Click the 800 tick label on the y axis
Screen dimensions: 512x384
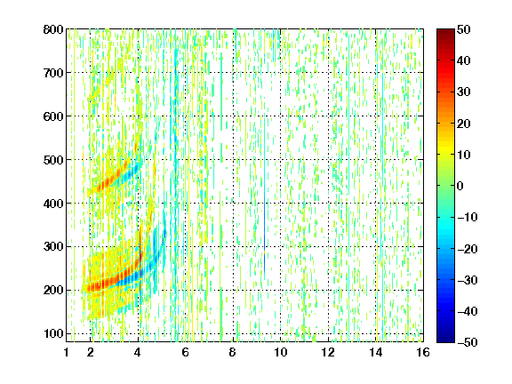point(53,29)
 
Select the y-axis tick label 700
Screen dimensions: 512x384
point(53,73)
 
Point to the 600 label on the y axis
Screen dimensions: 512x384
point(53,116)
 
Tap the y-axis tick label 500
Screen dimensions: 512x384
point(53,160)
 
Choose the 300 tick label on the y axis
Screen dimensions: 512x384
point(53,246)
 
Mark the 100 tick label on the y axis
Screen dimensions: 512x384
point(53,333)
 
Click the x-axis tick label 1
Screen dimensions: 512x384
point(67,352)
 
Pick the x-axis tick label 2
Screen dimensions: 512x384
point(91,352)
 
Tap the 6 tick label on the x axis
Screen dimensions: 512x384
point(186,352)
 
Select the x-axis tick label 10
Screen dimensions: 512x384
point(281,352)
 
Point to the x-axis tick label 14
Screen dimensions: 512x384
point(376,352)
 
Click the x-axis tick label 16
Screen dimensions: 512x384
point(423,352)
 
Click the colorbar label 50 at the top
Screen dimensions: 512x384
point(464,29)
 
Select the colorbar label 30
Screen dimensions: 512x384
point(464,92)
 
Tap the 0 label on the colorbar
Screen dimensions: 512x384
point(460,186)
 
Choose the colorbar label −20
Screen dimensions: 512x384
point(468,249)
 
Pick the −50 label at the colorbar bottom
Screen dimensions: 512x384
point(468,342)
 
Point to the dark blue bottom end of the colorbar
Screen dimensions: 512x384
point(445,340)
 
